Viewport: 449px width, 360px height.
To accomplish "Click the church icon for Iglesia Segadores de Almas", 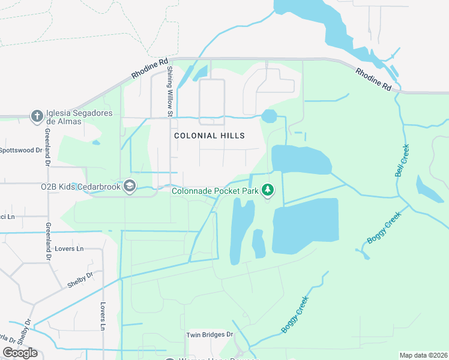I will coord(37,115).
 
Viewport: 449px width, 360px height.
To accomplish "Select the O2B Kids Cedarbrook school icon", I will coord(129,186).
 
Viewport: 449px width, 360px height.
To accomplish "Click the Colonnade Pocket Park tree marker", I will coord(268,191).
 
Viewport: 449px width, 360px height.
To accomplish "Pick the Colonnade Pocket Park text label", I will coord(215,191).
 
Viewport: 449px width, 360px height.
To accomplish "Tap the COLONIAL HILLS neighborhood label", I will coord(209,136).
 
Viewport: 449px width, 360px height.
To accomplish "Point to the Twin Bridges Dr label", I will coord(209,335).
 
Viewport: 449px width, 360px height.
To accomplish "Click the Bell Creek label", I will coord(402,160).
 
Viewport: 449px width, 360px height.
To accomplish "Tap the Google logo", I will coord(20,352).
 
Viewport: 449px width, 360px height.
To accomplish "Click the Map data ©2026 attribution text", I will coord(423,355).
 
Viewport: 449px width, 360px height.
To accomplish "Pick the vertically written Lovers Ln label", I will coord(103,316).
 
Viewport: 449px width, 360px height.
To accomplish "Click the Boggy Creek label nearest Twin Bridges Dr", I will coord(295,315).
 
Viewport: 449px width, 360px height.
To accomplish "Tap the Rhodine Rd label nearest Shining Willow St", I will coord(149,69).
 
